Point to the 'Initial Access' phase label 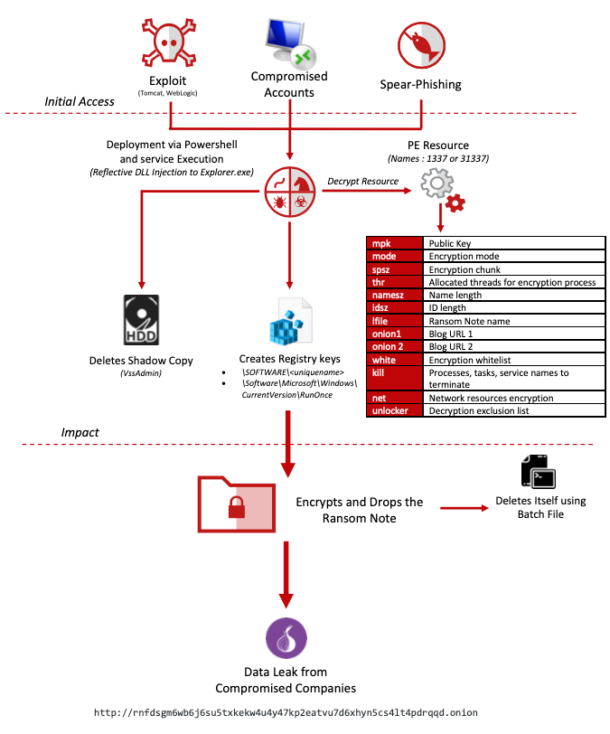(x=80, y=101)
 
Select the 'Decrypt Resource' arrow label (x=361, y=181)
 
